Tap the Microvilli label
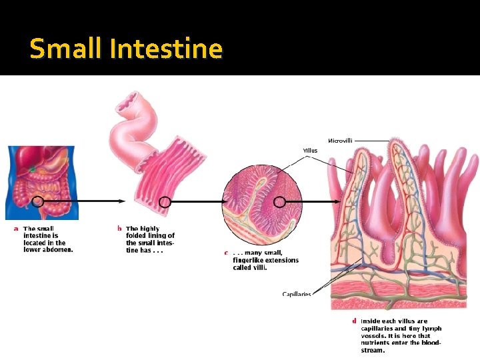coord(340,141)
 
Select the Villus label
coord(311,151)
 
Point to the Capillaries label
coord(297,294)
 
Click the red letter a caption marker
coord(17,229)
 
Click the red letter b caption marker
coord(119,229)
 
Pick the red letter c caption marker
coord(226,253)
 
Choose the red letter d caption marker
coord(354,321)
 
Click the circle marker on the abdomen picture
coord(38,201)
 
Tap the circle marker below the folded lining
coord(165,202)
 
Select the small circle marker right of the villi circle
coord(280,202)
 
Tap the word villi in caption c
coord(259,267)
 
